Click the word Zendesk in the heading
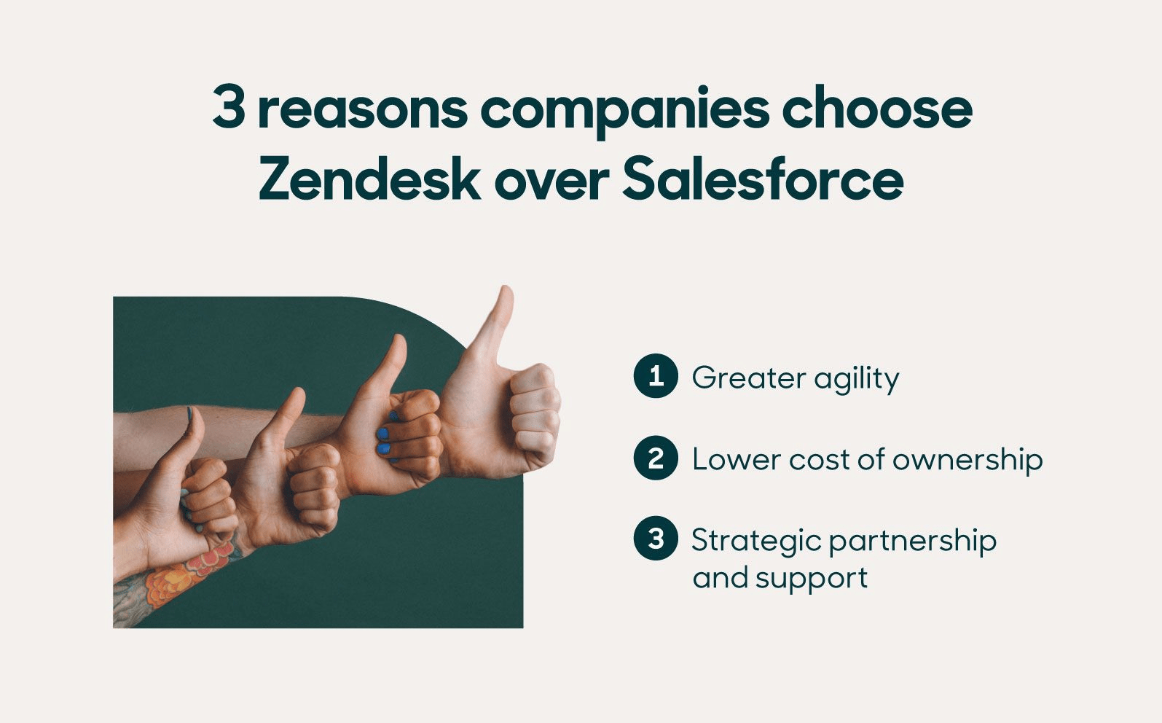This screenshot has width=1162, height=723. (x=369, y=180)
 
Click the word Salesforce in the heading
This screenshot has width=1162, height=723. (x=763, y=180)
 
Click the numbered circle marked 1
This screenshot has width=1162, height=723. (x=656, y=376)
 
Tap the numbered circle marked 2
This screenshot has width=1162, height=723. (x=656, y=458)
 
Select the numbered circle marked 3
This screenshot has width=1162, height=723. (x=656, y=539)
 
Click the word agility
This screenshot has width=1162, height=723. (x=857, y=379)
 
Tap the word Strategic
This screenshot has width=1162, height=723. (x=755, y=542)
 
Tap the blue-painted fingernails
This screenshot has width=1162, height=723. (x=384, y=442)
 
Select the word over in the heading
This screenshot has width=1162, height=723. (x=551, y=181)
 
